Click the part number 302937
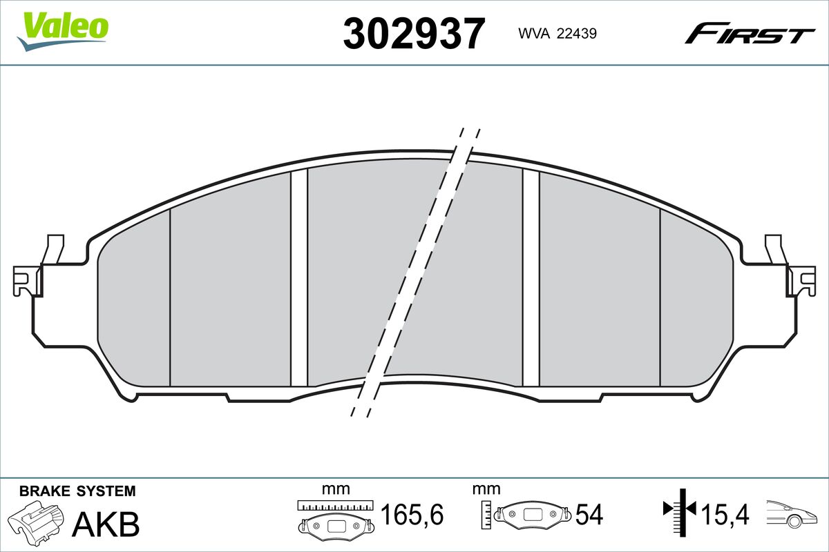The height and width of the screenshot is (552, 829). coord(414,34)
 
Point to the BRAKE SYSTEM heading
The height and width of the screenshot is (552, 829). coord(77,491)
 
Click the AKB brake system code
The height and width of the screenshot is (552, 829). coord(106,524)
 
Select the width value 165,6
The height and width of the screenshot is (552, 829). coord(412,514)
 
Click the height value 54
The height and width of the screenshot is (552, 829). coord(589,515)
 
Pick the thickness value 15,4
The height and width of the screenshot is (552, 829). coord(725,515)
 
